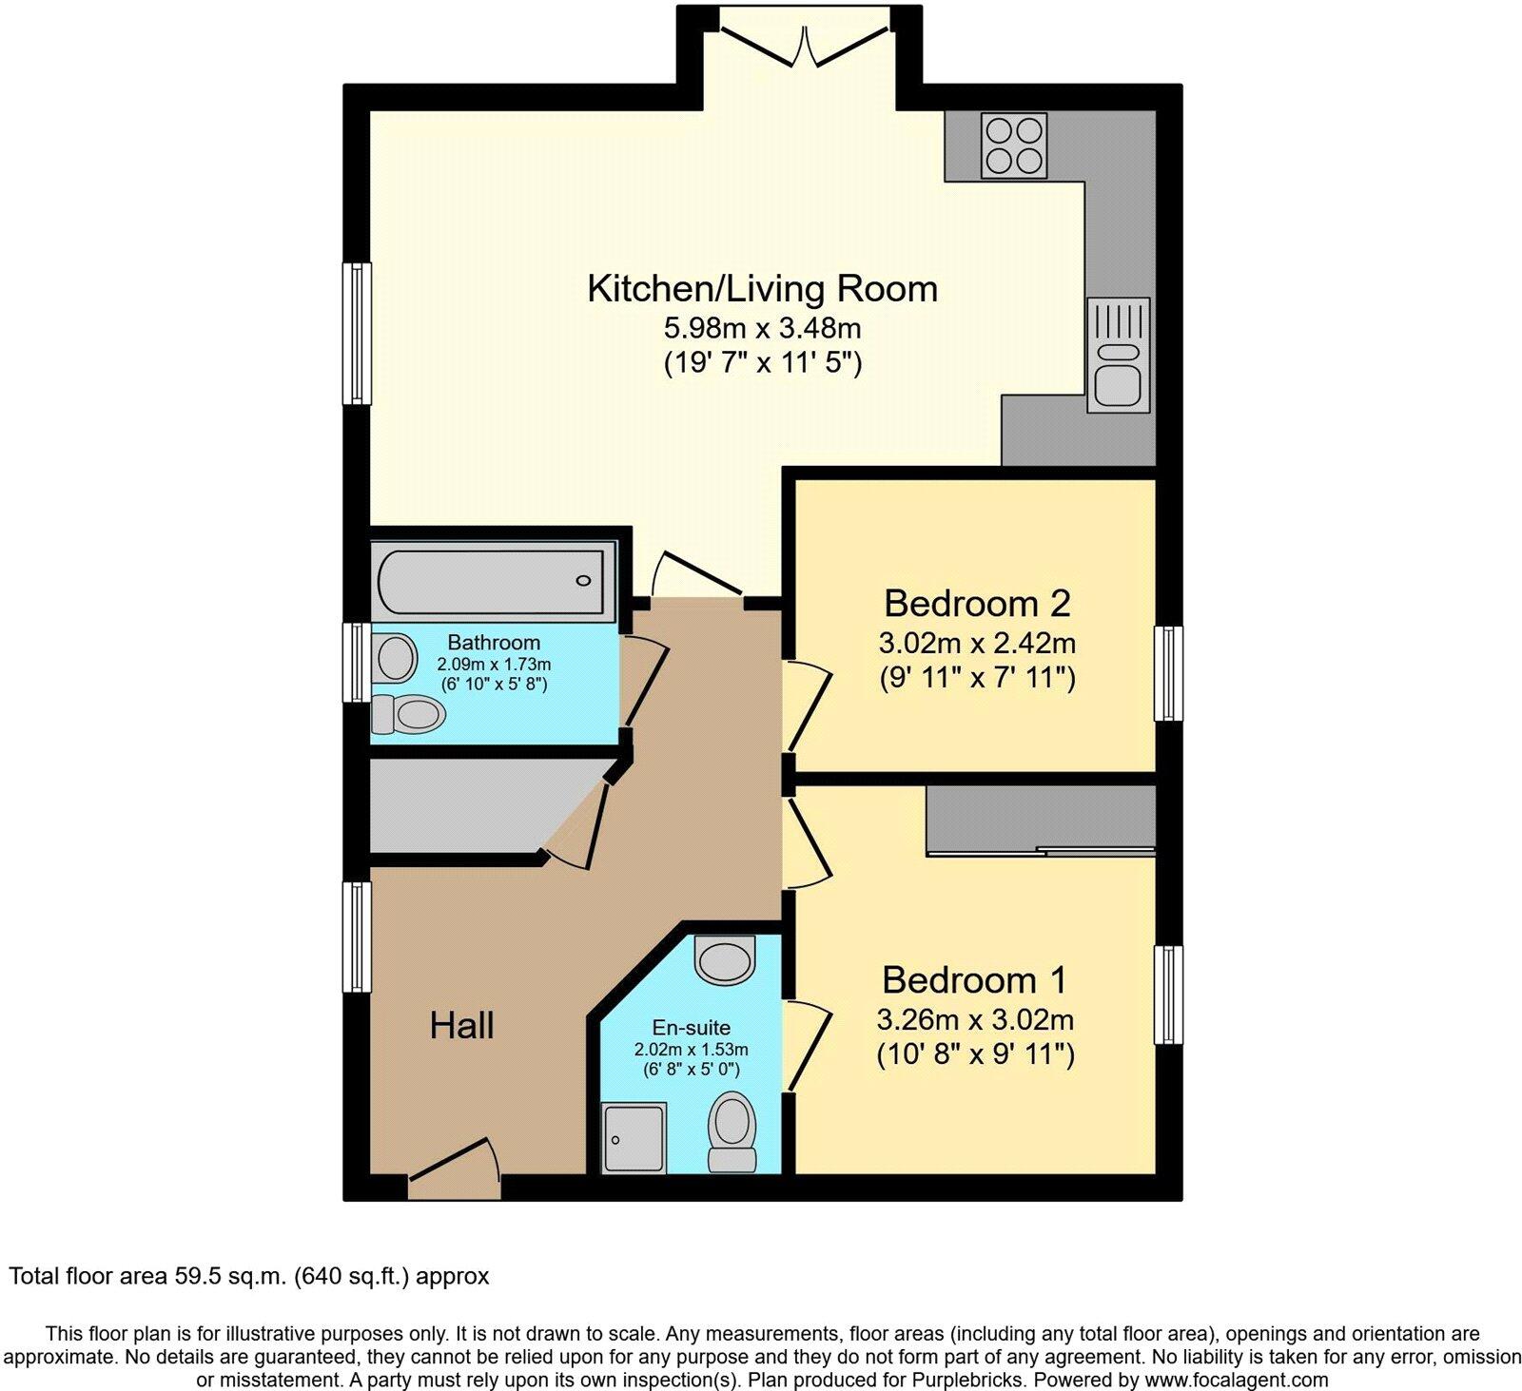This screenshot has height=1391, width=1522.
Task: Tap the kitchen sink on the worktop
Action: point(1118,357)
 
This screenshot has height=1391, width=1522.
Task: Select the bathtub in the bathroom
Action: point(491,581)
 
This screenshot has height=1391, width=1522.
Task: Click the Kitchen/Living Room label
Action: point(762,288)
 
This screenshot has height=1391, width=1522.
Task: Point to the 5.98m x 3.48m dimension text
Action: point(762,329)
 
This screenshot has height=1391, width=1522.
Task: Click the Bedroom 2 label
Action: point(977,603)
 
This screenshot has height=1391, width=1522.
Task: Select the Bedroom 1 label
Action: point(974,979)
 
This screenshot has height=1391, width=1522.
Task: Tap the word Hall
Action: point(461,1025)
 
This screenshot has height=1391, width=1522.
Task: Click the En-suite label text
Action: point(691,1027)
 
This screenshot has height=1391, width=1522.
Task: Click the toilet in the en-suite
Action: point(732,1131)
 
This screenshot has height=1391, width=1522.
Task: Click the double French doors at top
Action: point(806,38)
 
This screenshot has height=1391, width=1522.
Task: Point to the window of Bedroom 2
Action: point(1168,673)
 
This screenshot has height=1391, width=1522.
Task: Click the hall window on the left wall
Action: point(358,937)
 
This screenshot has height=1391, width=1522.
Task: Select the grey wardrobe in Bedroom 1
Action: point(1041,820)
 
